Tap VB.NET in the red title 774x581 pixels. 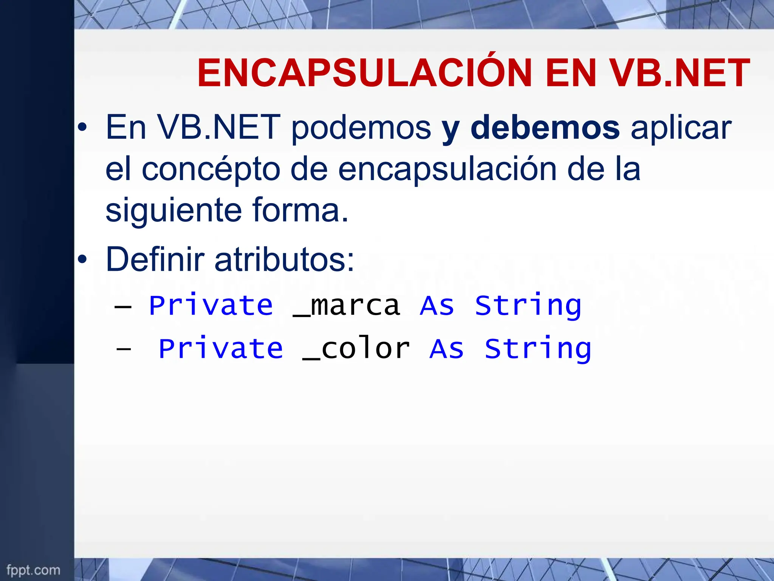pyautogui.click(x=680, y=73)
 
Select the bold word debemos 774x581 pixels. pyautogui.click(x=545, y=128)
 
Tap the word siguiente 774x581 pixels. pyautogui.click(x=173, y=211)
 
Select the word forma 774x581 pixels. pyautogui.click(x=300, y=210)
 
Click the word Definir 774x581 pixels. pyautogui.click(x=155, y=259)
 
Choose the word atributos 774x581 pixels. pyautogui.click(x=284, y=259)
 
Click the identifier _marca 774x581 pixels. pyautogui.click(x=346, y=306)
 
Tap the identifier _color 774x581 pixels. pyautogui.click(x=356, y=349)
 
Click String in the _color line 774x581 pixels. pyautogui.click(x=538, y=349)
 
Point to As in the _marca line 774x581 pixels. pyautogui.click(x=437, y=306)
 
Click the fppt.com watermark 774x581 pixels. pyautogui.click(x=33, y=570)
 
